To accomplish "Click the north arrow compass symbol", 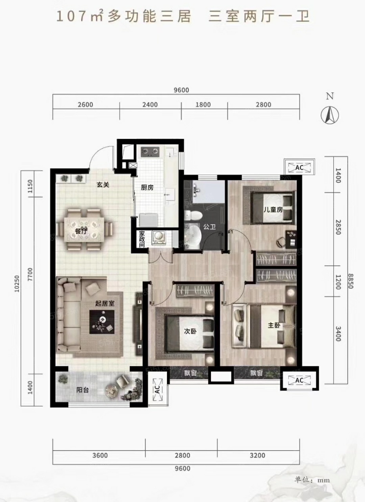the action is pos(330,115).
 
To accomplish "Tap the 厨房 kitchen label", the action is pos(147,187).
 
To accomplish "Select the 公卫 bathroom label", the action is pos(209,227).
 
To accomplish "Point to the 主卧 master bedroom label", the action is pos(274,325).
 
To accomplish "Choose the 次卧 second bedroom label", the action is pos(190,331).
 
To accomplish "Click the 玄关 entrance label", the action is pos(103,185).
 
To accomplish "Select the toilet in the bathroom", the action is pos(193,215).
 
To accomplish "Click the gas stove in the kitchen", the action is pos(150,151).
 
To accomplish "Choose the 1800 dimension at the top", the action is pos(203,105).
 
